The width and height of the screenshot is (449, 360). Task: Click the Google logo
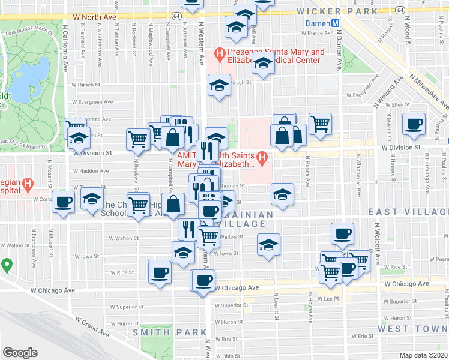pos(20,352)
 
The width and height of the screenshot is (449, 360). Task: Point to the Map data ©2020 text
pos(424,355)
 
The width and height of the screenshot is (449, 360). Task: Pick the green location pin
pos(7,264)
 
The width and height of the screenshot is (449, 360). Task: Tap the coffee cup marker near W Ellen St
pos(414,124)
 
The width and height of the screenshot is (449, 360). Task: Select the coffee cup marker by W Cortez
pos(63,202)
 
